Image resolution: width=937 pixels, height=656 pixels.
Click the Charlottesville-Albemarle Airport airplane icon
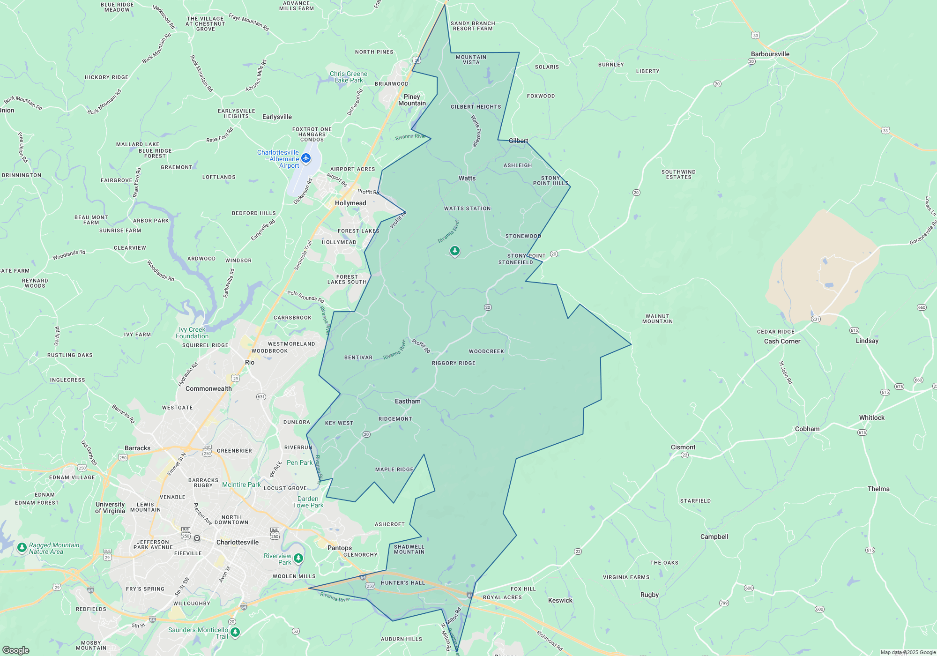click(306, 158)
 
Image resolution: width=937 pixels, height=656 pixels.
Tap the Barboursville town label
click(770, 54)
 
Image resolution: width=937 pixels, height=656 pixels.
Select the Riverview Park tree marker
click(298, 558)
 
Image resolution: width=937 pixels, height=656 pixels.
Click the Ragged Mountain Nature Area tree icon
click(22, 547)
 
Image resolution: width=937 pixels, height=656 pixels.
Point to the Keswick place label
click(560, 600)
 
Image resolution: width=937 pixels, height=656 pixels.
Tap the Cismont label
click(683, 447)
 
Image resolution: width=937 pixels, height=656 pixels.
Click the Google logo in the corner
click(16, 650)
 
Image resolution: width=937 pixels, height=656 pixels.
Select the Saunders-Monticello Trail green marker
click(235, 633)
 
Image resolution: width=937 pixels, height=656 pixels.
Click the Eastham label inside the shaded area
click(408, 401)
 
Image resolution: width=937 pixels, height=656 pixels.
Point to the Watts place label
click(467, 178)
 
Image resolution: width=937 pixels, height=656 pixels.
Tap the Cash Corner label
click(782, 341)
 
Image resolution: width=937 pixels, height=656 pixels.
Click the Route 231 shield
click(816, 319)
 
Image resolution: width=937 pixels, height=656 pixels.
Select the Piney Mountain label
click(412, 100)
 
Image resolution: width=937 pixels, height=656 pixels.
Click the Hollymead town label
click(350, 203)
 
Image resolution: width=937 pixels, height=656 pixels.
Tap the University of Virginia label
click(110, 507)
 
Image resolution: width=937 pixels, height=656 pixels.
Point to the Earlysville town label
click(277, 117)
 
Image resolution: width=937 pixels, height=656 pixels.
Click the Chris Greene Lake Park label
click(348, 77)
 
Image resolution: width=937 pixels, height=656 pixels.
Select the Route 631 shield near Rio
click(261, 397)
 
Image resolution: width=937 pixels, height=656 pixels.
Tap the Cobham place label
click(807, 429)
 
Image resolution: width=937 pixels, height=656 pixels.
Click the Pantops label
click(339, 548)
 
